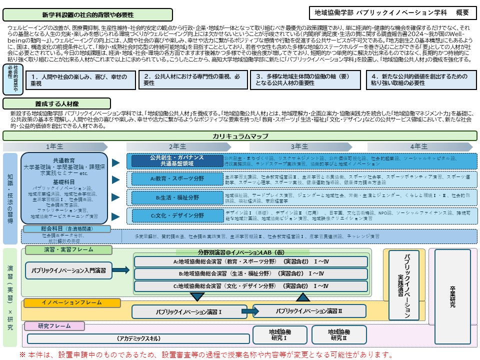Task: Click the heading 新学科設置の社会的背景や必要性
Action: [x=87, y=14]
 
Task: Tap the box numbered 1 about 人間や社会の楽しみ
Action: [x=80, y=80]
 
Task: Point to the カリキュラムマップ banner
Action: [x=240, y=136]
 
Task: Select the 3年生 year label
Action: [x=299, y=146]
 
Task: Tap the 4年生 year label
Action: [x=419, y=146]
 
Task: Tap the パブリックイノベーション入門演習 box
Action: [x=68, y=270]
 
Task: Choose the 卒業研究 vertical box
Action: [x=452, y=298]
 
